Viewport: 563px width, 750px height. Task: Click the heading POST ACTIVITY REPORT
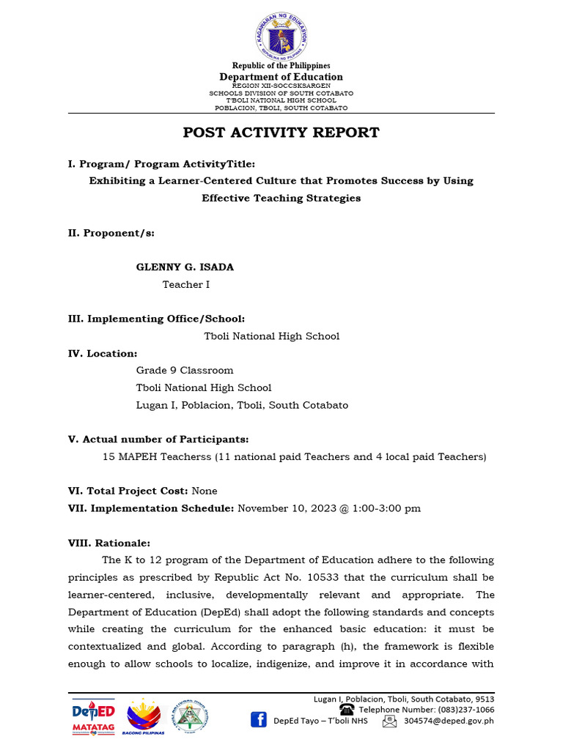pyautogui.click(x=281, y=133)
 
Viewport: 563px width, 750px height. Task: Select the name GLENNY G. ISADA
pyautogui.click(x=185, y=267)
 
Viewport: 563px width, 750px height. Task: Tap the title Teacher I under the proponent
pyautogui.click(x=185, y=284)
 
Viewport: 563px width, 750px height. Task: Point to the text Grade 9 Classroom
pyautogui.click(x=185, y=371)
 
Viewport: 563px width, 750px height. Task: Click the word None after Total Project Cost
pyautogui.click(x=205, y=491)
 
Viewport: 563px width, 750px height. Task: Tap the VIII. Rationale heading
pyautogui.click(x=109, y=543)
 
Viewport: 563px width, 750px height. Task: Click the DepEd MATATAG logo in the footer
pyautogui.click(x=93, y=716)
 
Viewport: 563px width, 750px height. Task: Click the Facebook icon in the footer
pyautogui.click(x=259, y=720)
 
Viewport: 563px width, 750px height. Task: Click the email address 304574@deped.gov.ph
pyautogui.click(x=449, y=721)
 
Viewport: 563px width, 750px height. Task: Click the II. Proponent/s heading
pyautogui.click(x=111, y=233)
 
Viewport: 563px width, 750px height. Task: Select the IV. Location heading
pyautogui.click(x=103, y=354)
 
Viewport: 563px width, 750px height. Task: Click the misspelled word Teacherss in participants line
pyautogui.click(x=186, y=457)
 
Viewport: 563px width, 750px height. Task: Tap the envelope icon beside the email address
pyautogui.click(x=389, y=721)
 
